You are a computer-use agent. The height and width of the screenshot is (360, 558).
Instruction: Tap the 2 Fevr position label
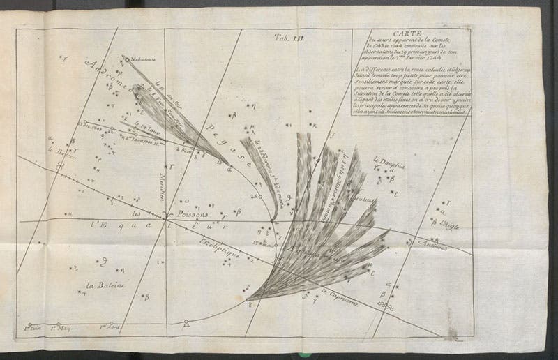[184, 149]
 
